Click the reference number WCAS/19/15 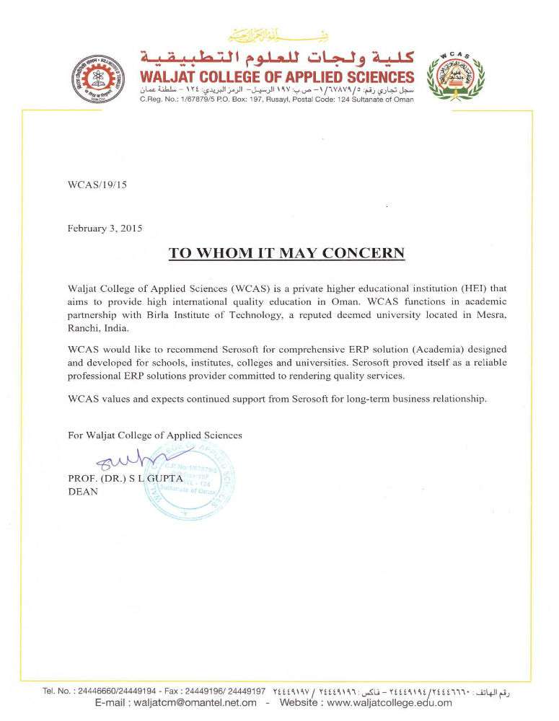97,185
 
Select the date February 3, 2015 105,229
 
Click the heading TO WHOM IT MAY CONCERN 286,253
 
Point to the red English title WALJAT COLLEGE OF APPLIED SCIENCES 278,77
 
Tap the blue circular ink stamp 193,482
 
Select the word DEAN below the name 82,492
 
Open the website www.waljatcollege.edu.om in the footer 390,703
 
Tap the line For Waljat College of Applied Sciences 154,435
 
